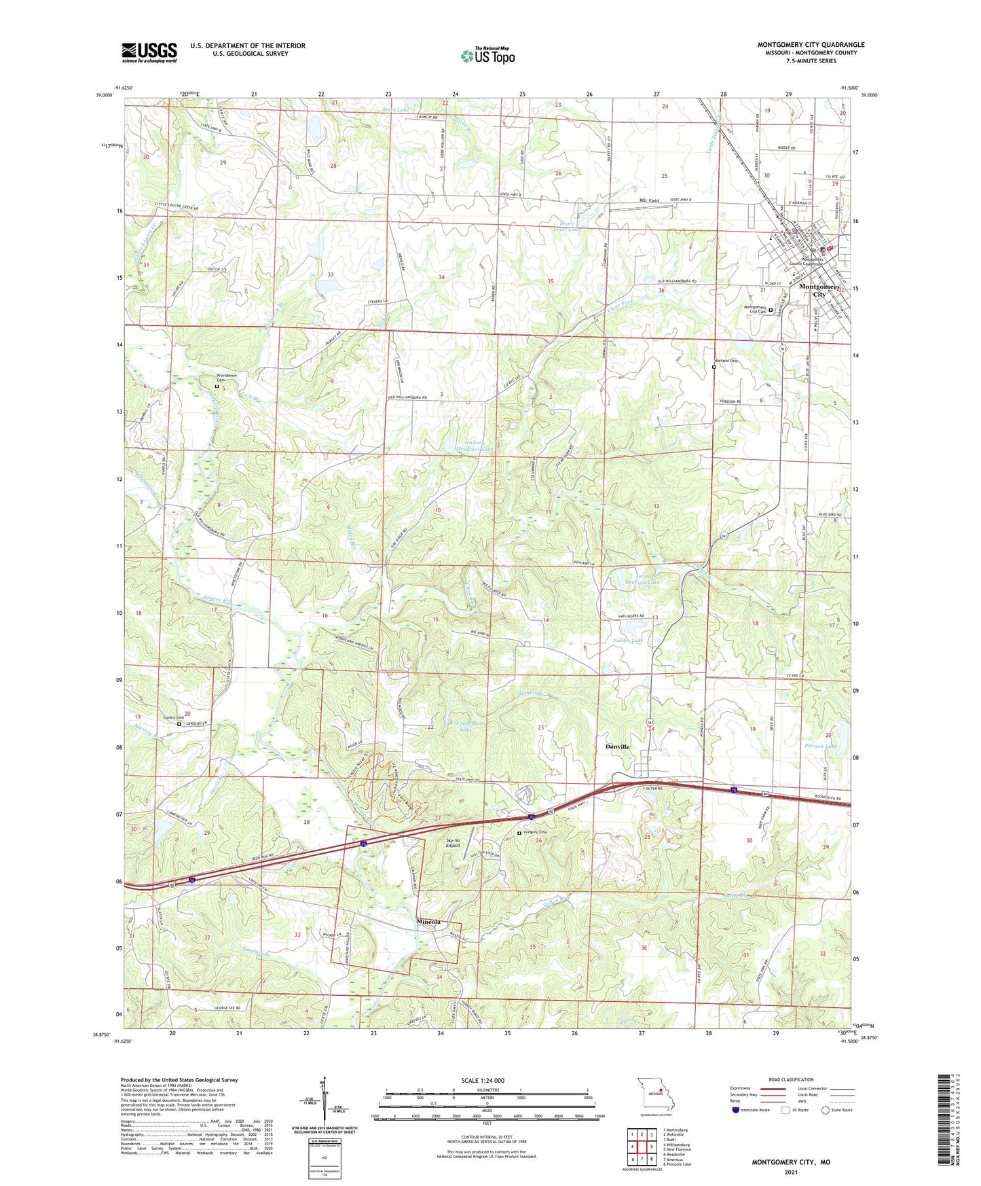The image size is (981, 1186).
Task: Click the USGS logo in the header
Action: [x=149, y=52]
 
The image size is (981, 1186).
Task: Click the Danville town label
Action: [x=617, y=747]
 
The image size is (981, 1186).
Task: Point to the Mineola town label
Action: [x=428, y=922]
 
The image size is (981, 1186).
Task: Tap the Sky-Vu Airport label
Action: [x=453, y=843]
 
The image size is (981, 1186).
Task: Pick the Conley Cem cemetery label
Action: [x=164, y=717]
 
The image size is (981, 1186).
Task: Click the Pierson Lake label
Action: [x=820, y=746]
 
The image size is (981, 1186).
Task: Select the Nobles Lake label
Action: [x=627, y=641]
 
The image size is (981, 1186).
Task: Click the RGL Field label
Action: [x=650, y=201]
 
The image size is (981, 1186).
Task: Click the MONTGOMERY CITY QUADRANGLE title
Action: [x=811, y=45]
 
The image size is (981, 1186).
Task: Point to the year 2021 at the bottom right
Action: [x=790, y=1172]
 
